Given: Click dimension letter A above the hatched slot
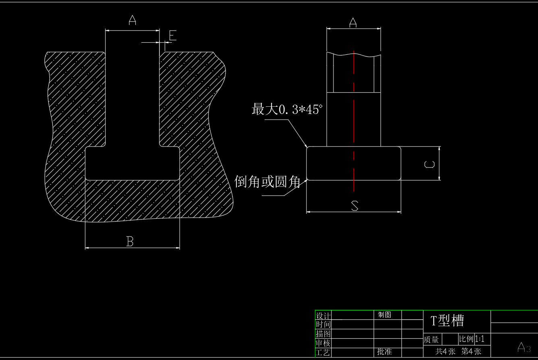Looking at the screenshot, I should pos(132,20).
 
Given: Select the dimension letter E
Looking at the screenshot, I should pos(172,36).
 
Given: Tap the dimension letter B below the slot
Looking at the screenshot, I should pos(130,242).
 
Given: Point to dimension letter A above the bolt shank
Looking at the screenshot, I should pos(353,23).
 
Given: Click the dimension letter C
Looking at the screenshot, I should pos(430,164).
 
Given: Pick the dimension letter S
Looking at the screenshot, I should pos(354,206).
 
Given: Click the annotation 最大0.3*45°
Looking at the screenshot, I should pos(287,109).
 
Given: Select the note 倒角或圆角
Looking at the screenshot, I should pos(267,182).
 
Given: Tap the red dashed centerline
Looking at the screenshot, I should pos(354,121).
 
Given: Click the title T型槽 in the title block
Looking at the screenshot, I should pos(447,321).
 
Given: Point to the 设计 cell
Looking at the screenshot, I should pos(323,316).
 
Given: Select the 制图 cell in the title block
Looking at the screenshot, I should pos(385,315).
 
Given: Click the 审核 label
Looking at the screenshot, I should pos(323,343).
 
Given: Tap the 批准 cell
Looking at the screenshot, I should pos(385,352).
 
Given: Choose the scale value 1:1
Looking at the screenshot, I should pos(480,339).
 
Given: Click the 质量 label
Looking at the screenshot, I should pos(431,340).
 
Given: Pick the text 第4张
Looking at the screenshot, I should pos(471,351).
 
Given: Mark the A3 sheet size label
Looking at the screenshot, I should pos(524,348).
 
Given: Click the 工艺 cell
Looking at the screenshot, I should pos(323,352).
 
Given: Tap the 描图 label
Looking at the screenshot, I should pos(323,334).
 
